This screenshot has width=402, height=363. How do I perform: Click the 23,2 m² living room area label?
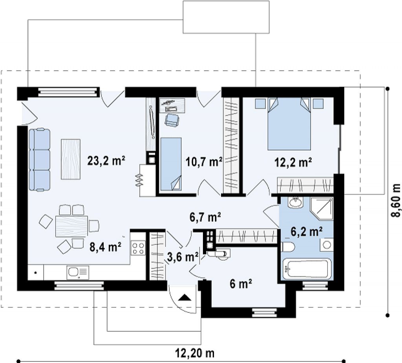coord(106,161)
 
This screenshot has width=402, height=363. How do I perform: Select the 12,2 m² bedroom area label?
coord(293,162)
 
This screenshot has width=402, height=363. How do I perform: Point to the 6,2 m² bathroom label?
coord(307,232)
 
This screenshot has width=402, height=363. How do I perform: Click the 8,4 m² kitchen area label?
coord(105,247)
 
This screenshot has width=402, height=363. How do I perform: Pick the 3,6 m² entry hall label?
coord(183,257)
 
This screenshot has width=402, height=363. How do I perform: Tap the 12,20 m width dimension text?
coord(195,353)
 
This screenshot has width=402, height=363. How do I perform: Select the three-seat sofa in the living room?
coord(40,160)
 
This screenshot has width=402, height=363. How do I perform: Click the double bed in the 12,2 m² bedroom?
coord(289,124)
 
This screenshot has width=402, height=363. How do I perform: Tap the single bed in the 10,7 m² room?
coord(171,164)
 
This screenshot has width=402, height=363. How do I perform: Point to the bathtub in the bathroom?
coord(307,268)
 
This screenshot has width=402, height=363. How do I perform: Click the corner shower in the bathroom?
coord(322,208)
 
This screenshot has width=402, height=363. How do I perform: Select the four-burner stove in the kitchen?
coord(138,248)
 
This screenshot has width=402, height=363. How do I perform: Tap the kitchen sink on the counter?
coord(78,272)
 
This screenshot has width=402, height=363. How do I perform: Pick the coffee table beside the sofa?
coord(71,159)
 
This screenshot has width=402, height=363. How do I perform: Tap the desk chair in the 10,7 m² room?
coord(171,120)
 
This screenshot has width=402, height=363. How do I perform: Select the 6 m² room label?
coord(241,284)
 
